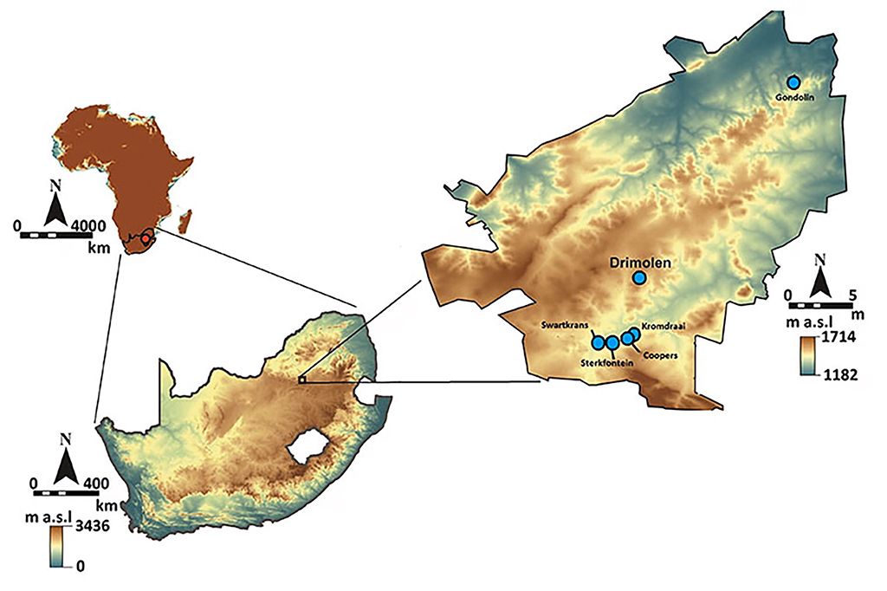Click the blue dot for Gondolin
pos(793,82)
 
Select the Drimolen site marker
pos(639,277)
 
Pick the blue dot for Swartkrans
pos(598,341)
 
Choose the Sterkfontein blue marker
pos(612,342)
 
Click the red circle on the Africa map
pos(146,238)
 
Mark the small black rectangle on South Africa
pos(301,380)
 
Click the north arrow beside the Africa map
pos(57,205)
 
